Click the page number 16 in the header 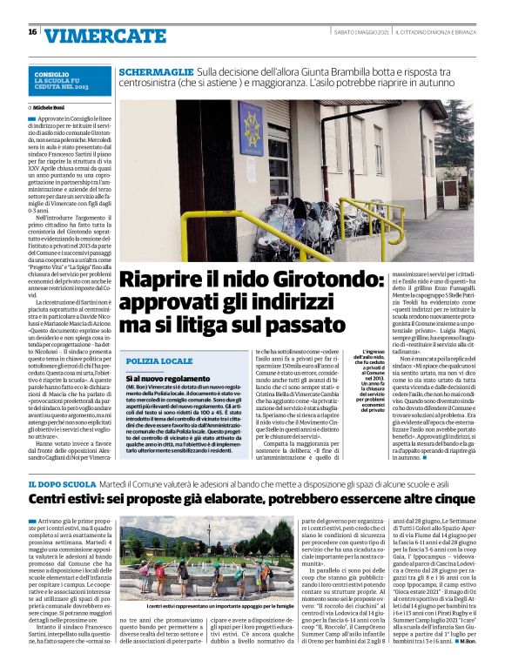tap(32, 32)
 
